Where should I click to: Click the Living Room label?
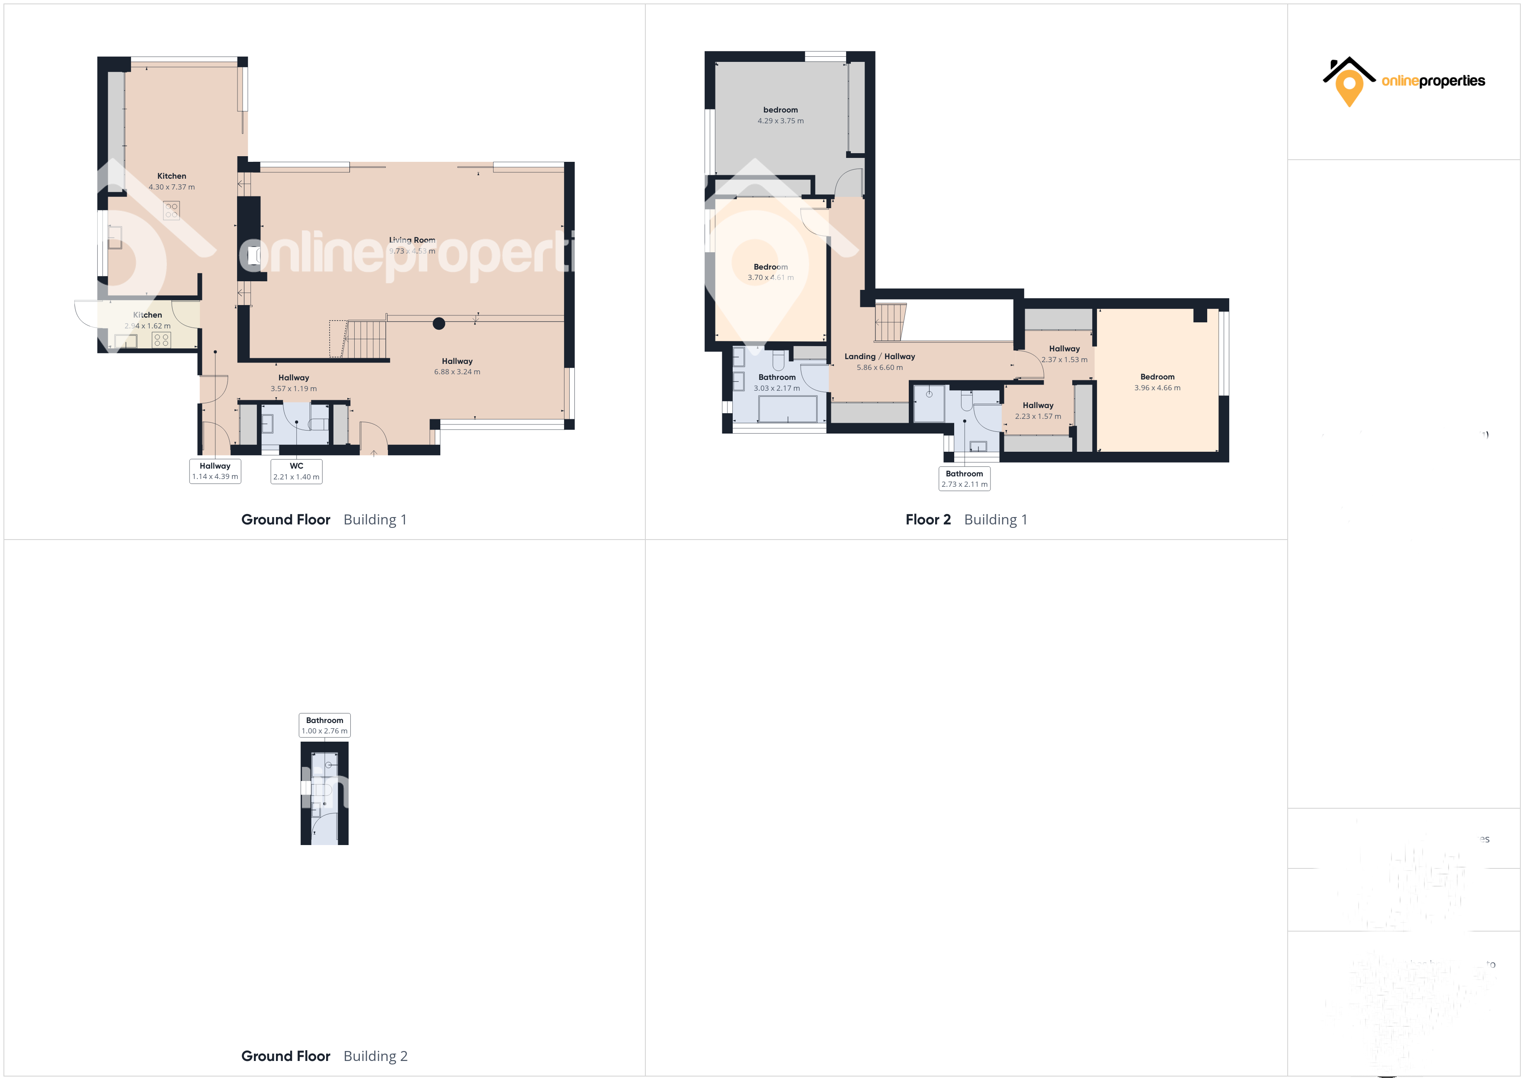[x=412, y=240]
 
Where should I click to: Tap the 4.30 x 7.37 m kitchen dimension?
[x=171, y=187]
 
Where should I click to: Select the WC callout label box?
[x=296, y=471]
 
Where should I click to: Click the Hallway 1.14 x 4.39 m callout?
[x=215, y=471]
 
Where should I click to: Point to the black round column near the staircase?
[x=439, y=324]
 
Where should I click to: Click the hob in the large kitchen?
[x=171, y=211]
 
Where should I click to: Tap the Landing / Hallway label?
[x=879, y=357]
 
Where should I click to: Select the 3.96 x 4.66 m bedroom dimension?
[x=1157, y=388]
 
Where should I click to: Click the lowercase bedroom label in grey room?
[x=780, y=110]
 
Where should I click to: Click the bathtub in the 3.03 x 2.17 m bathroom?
[x=788, y=409]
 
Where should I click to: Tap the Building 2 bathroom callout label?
[x=324, y=725]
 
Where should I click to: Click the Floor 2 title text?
[x=928, y=519]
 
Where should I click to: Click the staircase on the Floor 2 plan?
[x=891, y=322]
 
